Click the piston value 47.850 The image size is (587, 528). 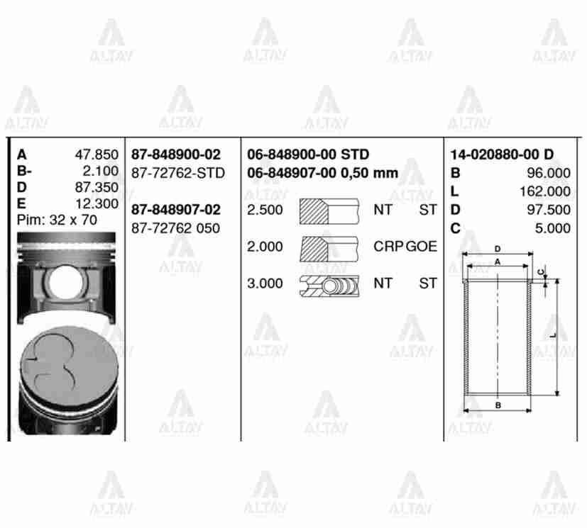coord(96,155)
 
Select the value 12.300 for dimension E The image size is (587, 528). coord(96,204)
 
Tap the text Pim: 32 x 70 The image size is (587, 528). coord(57,220)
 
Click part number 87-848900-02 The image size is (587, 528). coord(176,155)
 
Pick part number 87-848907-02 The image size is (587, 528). coord(176,210)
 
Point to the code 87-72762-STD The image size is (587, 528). coord(178,173)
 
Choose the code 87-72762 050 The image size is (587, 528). coord(176,228)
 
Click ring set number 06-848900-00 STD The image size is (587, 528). coord(308,155)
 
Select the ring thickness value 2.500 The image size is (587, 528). coord(265,210)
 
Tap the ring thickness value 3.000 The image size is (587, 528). coord(265,283)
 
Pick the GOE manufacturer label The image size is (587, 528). coord(422,247)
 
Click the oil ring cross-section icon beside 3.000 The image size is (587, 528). coord(329,284)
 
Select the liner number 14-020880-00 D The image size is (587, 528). coord(502,155)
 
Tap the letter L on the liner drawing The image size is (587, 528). coord(552,335)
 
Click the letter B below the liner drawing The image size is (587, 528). coord(498,405)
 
